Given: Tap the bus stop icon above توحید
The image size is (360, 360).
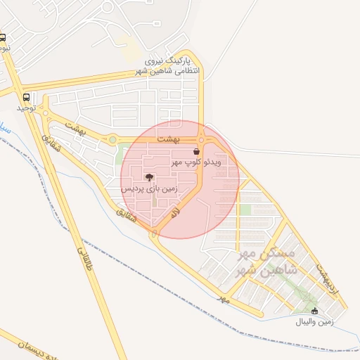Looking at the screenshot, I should point(27,97).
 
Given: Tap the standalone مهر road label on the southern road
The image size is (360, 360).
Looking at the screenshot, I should point(224,299).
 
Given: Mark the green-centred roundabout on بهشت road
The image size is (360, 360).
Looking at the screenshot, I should point(112,139).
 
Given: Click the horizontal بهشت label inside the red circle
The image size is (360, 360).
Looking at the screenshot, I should point(172,140).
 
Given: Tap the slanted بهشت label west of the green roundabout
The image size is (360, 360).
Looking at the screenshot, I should point(75,127).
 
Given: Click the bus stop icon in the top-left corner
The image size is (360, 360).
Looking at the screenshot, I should point(3,38).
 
